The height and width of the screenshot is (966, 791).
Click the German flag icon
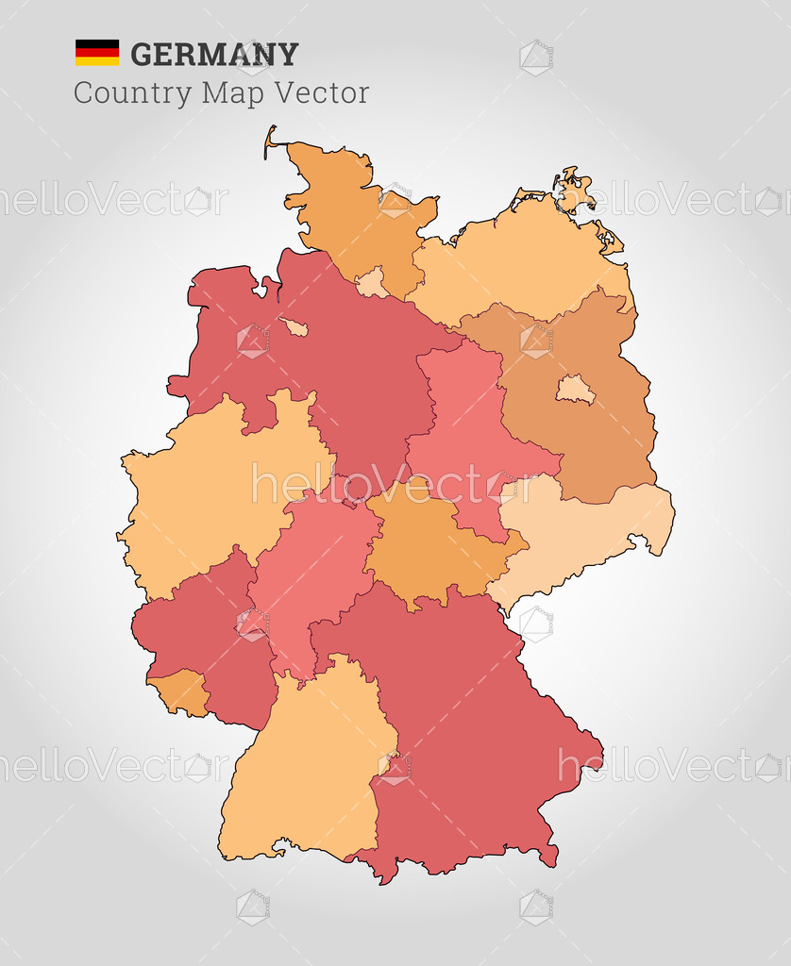[97, 53]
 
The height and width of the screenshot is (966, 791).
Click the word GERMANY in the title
[214, 55]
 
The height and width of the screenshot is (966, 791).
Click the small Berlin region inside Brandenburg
[574, 389]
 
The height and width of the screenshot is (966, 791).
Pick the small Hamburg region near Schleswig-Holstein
[371, 282]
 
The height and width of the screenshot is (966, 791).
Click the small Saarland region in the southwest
[179, 691]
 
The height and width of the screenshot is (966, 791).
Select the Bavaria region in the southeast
[463, 717]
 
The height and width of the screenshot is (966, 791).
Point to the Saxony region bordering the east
[576, 538]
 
